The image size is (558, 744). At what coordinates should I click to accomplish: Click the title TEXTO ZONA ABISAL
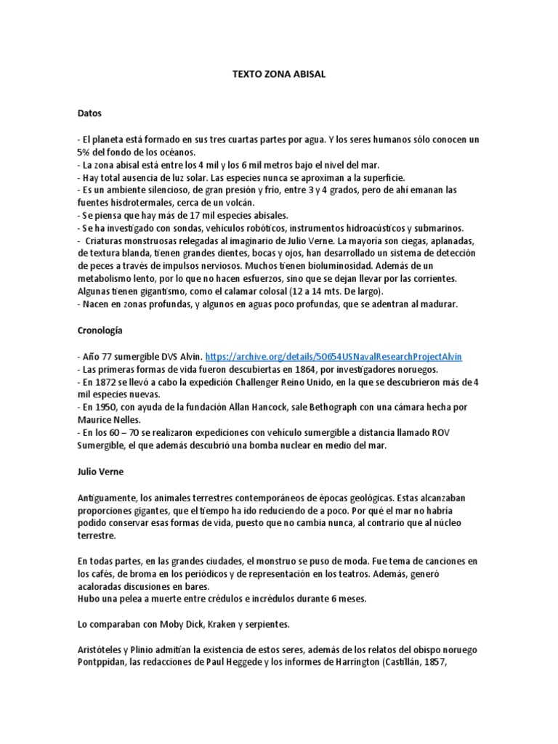pos(278,74)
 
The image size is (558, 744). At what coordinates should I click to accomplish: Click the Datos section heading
pos(90,114)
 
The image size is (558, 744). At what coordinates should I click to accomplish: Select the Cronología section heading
pos(100,330)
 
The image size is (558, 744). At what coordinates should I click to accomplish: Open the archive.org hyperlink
pos(333,357)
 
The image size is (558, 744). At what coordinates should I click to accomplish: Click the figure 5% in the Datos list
pos(83,152)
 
